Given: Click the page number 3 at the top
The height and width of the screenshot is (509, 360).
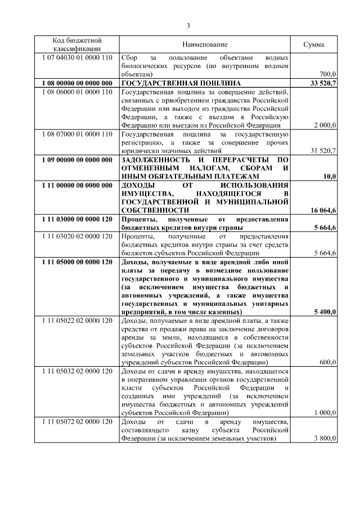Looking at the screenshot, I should pos(188,25).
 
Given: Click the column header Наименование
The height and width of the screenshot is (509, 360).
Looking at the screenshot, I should pos(205,44).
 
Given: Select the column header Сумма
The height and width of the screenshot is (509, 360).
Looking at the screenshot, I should pos(313,44).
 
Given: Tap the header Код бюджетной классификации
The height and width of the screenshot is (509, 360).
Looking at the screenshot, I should pos(76,44).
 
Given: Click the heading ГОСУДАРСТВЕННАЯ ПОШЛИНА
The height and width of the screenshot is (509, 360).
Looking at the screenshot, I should pos(170,83).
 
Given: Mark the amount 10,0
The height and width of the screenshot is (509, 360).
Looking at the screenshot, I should pos(330,177).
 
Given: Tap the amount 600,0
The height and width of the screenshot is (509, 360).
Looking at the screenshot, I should pos(327,363).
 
